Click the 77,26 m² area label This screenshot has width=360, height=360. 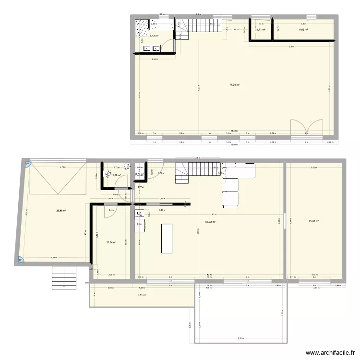[234, 85]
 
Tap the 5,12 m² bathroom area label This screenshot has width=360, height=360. [155, 36]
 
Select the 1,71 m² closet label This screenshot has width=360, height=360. [261, 30]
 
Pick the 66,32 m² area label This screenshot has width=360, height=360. [210, 222]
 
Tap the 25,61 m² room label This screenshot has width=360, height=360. [314, 221]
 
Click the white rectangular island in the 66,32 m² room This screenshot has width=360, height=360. [167, 238]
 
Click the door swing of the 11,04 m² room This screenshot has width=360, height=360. [109, 213]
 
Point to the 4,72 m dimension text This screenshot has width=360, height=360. [62, 168]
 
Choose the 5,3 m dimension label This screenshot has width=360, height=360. [291, 47]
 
